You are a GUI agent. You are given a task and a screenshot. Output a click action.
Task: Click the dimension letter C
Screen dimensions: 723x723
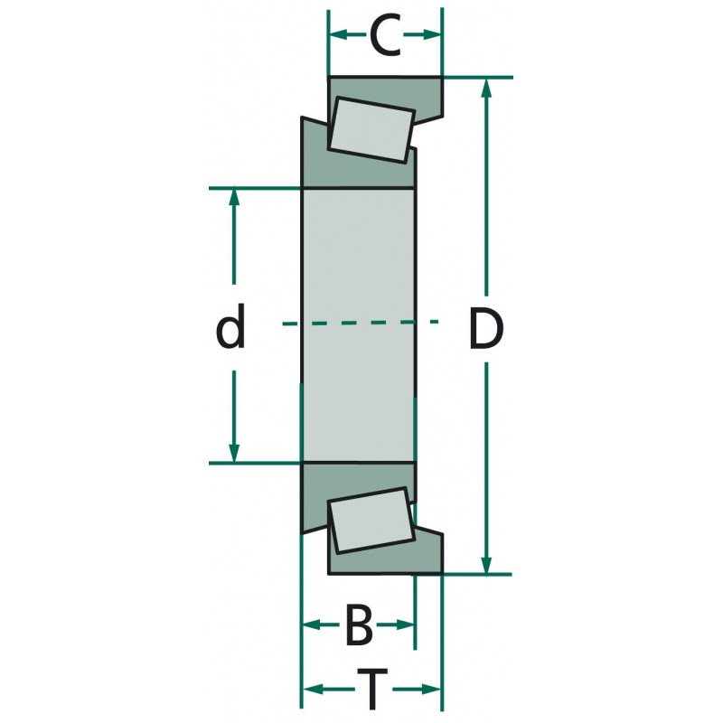[385, 36]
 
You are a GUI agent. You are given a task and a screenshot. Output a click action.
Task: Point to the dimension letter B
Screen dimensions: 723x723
[359, 625]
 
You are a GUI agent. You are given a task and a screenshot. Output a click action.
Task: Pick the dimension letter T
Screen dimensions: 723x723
[371, 690]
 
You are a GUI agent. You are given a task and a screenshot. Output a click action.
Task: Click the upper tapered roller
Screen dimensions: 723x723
[371, 128]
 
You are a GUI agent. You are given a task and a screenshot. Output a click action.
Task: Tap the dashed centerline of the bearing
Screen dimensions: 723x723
[361, 323]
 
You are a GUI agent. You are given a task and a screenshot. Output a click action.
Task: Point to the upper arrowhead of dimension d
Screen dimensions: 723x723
[234, 198]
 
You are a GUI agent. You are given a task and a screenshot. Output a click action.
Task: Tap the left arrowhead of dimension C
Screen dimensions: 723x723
[337, 35]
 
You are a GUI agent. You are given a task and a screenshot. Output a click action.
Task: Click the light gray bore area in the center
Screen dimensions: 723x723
[357, 271]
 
